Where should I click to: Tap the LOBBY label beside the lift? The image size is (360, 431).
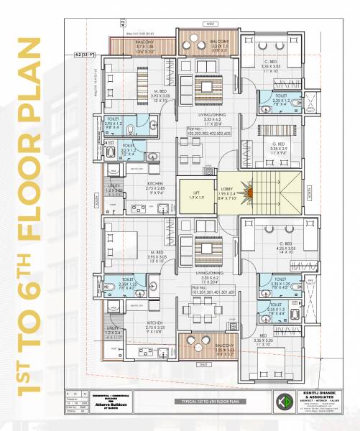[226, 188]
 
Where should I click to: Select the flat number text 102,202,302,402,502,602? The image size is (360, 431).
[208, 133]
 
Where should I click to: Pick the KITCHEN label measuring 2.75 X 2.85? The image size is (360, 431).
[142, 187]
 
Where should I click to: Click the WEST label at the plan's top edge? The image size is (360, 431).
[210, 25]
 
